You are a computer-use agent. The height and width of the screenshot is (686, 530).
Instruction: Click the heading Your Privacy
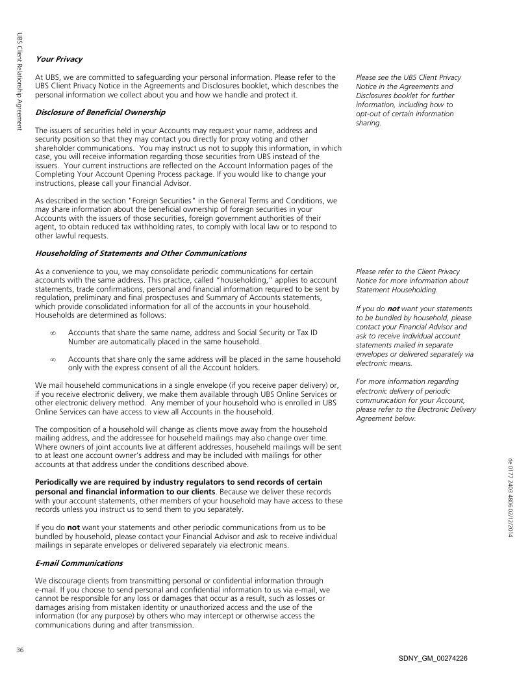click(58, 59)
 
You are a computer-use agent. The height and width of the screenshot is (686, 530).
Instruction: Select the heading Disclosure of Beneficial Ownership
click(100, 112)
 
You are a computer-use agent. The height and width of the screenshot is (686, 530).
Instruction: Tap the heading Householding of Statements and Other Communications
click(141, 253)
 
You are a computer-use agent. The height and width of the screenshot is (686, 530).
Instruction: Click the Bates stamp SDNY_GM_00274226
click(433, 658)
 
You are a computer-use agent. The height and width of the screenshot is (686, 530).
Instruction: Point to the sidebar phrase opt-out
click(372, 114)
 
